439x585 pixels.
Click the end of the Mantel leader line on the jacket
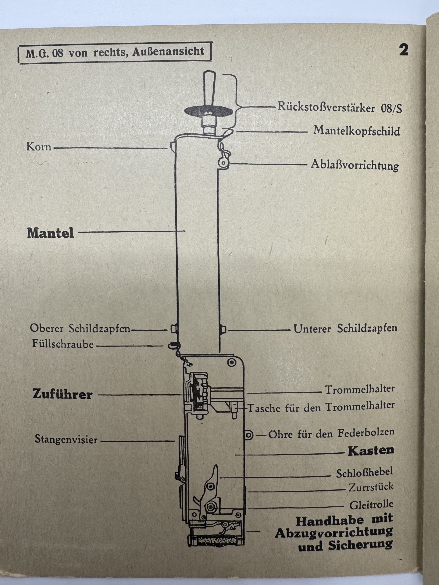coord(185,231)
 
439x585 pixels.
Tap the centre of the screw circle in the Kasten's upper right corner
coord(232,362)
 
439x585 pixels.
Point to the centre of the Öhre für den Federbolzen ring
coord(249,435)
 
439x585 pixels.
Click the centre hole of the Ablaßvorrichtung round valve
coord(223,163)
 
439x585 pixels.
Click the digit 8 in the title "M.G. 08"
coord(60,54)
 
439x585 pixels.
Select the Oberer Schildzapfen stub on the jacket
coord(174,329)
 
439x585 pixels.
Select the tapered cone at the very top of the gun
coord(210,89)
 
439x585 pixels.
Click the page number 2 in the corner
coord(404,50)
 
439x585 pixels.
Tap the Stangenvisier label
coord(66,439)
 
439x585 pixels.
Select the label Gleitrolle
coord(371,505)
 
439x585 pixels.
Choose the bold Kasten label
coord(371,451)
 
